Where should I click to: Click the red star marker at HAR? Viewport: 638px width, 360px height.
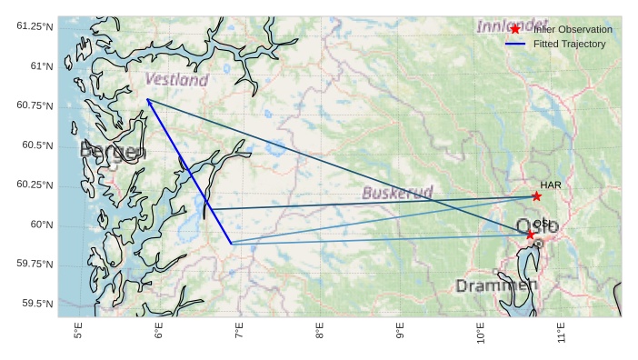pyautogui.click(x=536, y=196)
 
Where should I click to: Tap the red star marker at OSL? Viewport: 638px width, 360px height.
pyautogui.click(x=531, y=235)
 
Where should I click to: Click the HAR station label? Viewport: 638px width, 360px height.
pyautogui.click(x=551, y=185)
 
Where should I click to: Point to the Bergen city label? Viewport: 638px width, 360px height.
pyautogui.click(x=113, y=151)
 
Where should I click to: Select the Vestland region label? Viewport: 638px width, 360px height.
pyautogui.click(x=176, y=80)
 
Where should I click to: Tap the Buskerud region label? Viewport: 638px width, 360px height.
pyautogui.click(x=397, y=193)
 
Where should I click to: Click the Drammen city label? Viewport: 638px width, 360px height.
pyautogui.click(x=496, y=285)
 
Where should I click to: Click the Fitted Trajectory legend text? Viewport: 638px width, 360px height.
pyautogui.click(x=569, y=44)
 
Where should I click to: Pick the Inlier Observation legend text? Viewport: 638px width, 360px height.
pyautogui.click(x=573, y=30)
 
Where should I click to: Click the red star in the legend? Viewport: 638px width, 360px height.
pyautogui.click(x=515, y=30)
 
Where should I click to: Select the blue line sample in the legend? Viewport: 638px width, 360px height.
pyautogui.click(x=515, y=44)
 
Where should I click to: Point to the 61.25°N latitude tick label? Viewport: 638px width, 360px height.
pyautogui.click(x=35, y=26)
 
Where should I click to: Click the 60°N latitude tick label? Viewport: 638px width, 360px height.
pyautogui.click(x=41, y=225)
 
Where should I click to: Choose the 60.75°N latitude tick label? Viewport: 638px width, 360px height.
pyautogui.click(x=35, y=105)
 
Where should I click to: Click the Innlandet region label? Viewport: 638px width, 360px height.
pyautogui.click(x=512, y=24)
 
